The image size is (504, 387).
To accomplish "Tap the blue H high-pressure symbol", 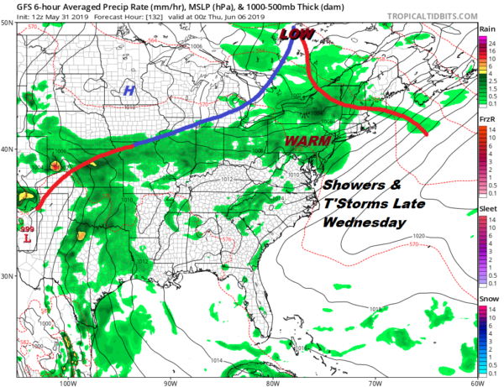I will [x=129, y=92].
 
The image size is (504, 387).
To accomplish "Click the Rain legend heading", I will [x=486, y=29].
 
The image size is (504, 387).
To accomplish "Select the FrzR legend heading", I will [x=486, y=118].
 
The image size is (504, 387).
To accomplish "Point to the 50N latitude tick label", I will [x=7, y=23].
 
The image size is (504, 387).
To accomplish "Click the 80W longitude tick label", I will [x=272, y=380].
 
